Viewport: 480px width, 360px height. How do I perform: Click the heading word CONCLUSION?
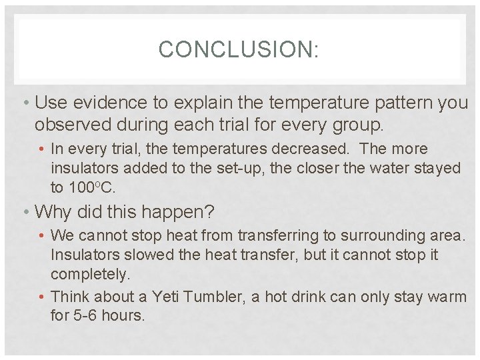pyautogui.click(x=239, y=49)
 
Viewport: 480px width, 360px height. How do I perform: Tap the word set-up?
pyautogui.click(x=244, y=168)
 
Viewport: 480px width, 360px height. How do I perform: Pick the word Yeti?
pyautogui.click(x=166, y=297)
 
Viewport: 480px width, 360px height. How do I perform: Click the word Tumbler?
pyautogui.click(x=214, y=297)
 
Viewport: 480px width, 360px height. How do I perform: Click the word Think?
pyautogui.click(x=70, y=297)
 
